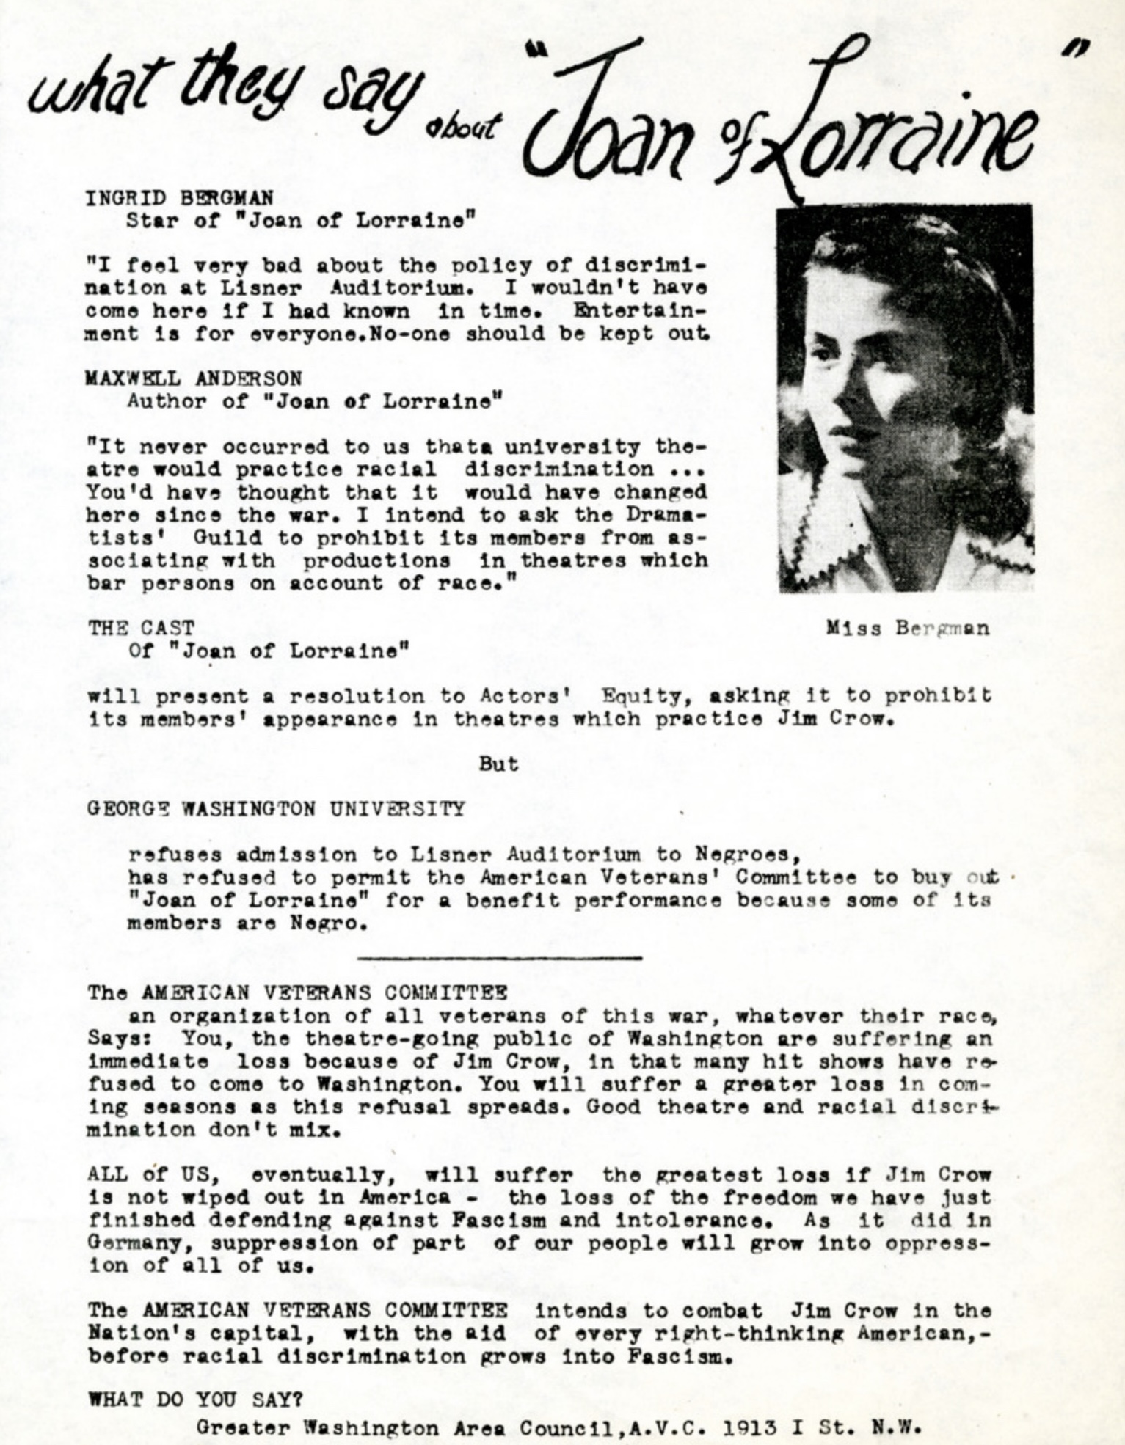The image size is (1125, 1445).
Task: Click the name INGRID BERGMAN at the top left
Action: (180, 198)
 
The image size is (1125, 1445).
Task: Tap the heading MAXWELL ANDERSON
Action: (194, 378)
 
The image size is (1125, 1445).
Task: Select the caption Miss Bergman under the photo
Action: (907, 629)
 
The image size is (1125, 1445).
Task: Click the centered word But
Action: (498, 764)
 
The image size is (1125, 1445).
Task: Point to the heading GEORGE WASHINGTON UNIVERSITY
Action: (276, 809)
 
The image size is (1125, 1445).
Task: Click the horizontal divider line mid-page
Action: (499, 958)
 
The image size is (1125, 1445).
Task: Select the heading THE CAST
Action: (142, 628)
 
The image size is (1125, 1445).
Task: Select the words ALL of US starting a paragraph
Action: (153, 1175)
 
